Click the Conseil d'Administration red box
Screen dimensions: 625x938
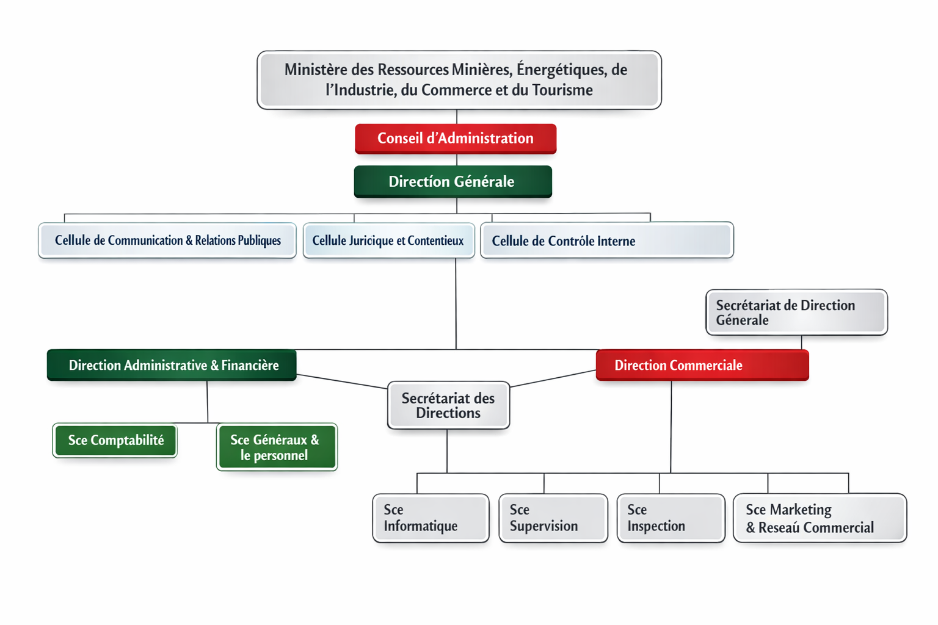click(x=456, y=139)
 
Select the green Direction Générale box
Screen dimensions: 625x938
click(x=453, y=181)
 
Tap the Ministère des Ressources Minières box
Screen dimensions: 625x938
click(x=459, y=80)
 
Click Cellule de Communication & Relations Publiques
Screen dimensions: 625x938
click(x=167, y=240)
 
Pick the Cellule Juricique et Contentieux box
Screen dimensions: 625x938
click(x=388, y=240)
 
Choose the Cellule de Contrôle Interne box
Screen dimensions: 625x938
click(x=606, y=240)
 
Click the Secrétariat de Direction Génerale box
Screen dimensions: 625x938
click(x=796, y=312)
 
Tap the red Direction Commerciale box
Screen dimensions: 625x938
click(x=702, y=365)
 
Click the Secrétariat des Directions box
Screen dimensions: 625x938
click(x=448, y=405)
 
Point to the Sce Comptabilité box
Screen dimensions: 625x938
click(x=115, y=441)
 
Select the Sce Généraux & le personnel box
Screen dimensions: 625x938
click(x=276, y=447)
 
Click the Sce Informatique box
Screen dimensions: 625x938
click(x=431, y=518)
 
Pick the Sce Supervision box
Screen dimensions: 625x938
click(x=553, y=518)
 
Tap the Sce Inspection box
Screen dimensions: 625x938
click(x=671, y=518)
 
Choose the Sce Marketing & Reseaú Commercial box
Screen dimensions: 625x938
click(x=820, y=518)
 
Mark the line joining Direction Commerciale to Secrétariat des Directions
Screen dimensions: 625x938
click(x=553, y=378)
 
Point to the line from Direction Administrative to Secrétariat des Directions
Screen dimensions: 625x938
click(x=342, y=381)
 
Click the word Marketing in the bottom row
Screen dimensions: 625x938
click(x=800, y=510)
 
